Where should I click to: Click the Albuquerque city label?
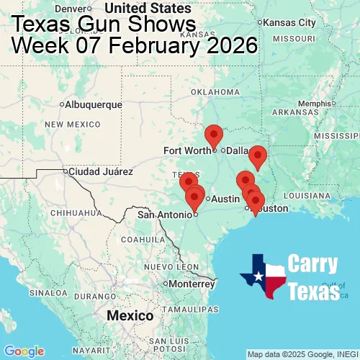(94, 104)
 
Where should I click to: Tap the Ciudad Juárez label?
(101, 172)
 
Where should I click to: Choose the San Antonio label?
(165, 214)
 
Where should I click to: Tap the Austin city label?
(225, 198)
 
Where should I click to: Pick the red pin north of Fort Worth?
(214, 135)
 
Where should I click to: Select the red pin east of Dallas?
(257, 156)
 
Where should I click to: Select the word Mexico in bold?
(130, 316)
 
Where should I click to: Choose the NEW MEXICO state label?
(72, 125)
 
